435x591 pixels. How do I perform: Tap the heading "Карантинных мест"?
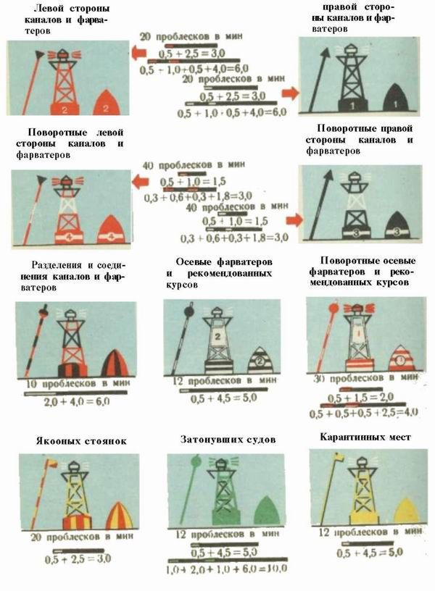click(x=365, y=437)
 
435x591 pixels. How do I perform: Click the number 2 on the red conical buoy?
click(x=106, y=109)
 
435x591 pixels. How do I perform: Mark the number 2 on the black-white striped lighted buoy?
click(x=217, y=338)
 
